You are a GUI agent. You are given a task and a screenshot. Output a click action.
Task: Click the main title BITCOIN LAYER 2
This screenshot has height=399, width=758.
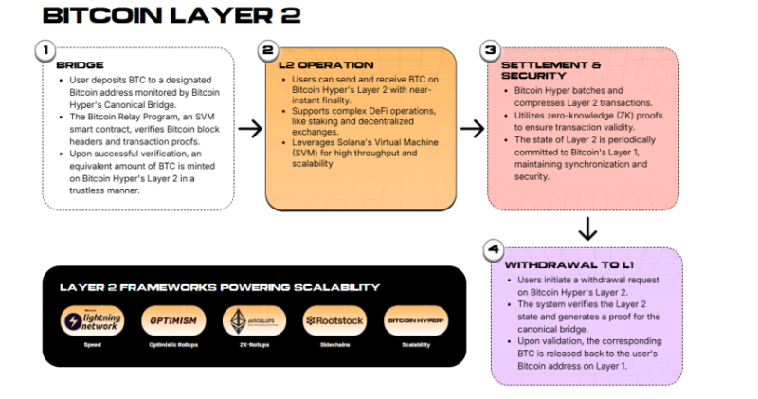click(171, 15)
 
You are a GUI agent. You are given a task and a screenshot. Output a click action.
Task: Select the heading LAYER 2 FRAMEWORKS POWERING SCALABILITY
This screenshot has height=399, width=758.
click(220, 286)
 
